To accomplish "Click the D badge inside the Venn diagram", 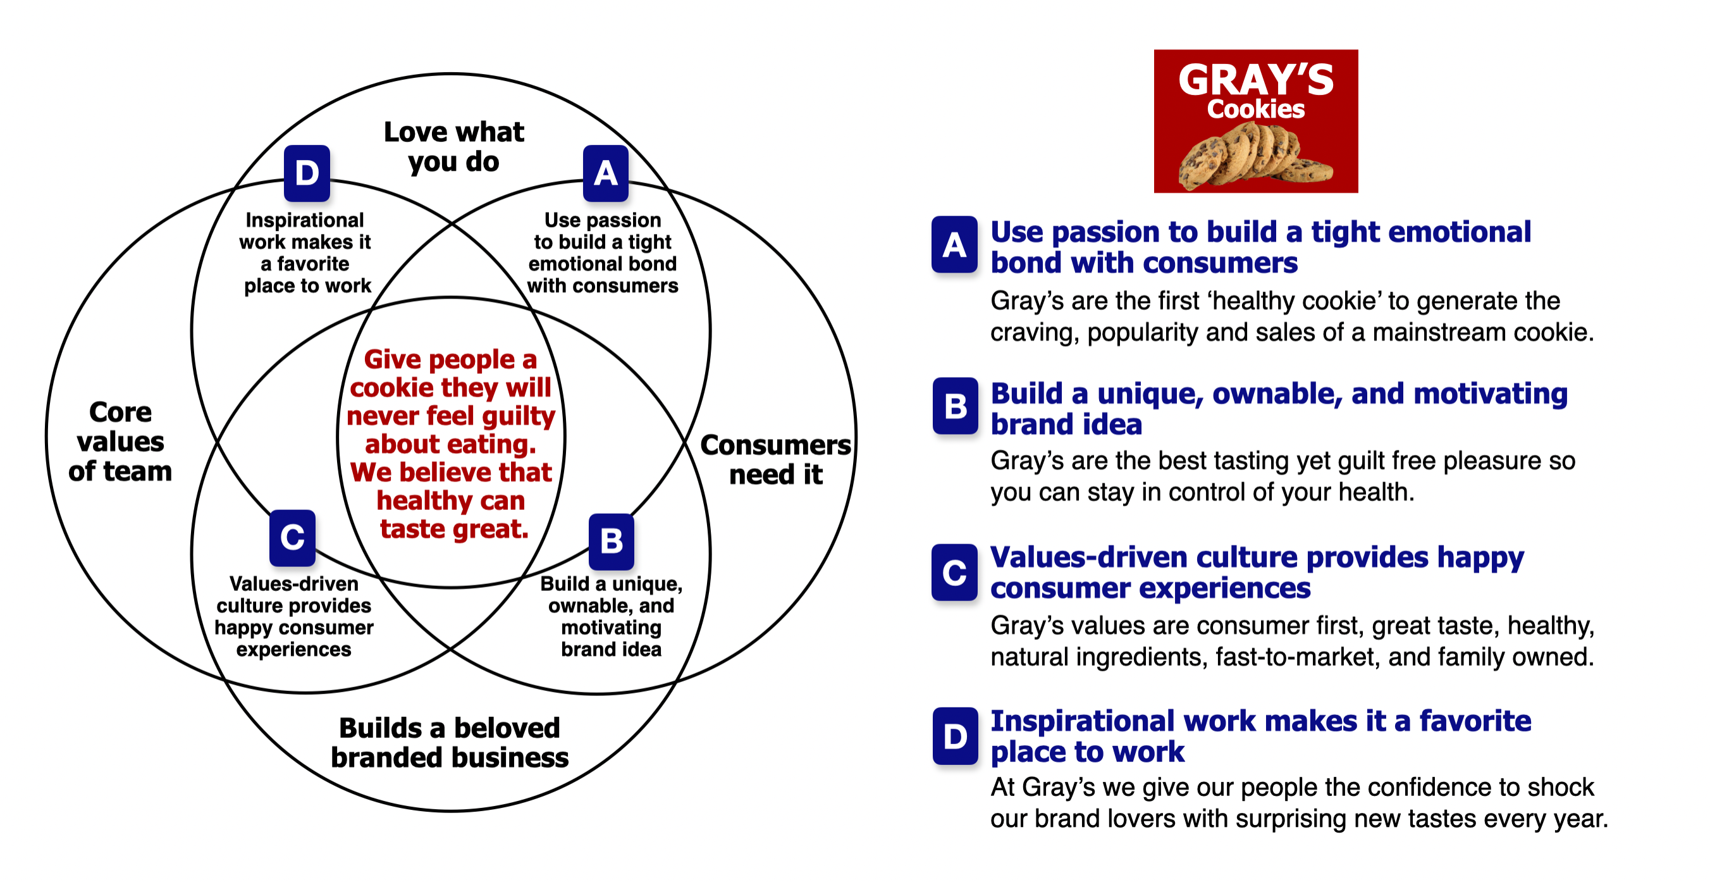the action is pyautogui.click(x=307, y=173).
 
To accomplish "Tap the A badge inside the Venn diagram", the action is pyautogui.click(x=605, y=173).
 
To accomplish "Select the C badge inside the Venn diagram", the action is pyautogui.click(x=292, y=537).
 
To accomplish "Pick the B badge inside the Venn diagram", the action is pyautogui.click(x=612, y=542).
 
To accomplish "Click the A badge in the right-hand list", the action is pyautogui.click(x=954, y=244).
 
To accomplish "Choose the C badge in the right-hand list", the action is pyautogui.click(x=954, y=572).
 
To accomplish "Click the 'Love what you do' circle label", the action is pyautogui.click(x=454, y=147).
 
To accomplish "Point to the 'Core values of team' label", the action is pyautogui.click(x=120, y=441).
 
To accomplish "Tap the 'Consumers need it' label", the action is pyautogui.click(x=775, y=459).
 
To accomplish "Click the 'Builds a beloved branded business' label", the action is pyautogui.click(x=450, y=743).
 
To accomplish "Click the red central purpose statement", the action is pyautogui.click(x=452, y=444).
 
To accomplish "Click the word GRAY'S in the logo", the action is pyautogui.click(x=1255, y=80).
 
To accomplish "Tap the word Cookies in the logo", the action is pyautogui.click(x=1255, y=109).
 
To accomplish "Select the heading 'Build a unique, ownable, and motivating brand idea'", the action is pyautogui.click(x=1279, y=409).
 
